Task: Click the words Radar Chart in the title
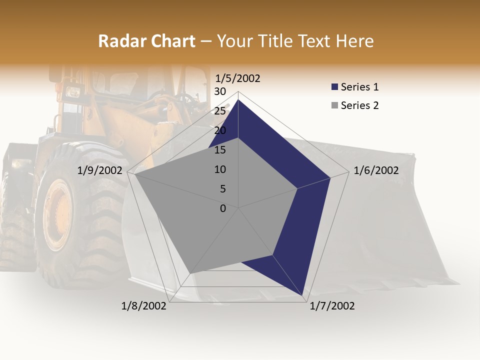click(146, 41)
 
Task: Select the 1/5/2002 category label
click(237, 78)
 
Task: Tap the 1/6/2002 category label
click(376, 170)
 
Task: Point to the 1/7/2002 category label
click(332, 306)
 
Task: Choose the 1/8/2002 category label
click(144, 306)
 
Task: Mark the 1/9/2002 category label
click(100, 170)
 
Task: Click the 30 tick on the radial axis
click(219, 91)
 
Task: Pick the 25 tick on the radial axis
click(219, 111)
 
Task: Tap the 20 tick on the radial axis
click(219, 130)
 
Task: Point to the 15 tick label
click(219, 150)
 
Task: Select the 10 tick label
click(219, 169)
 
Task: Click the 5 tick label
click(222, 189)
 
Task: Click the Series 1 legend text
click(359, 87)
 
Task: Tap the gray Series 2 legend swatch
click(334, 105)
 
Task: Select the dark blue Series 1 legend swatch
click(334, 87)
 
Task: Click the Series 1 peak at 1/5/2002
click(238, 100)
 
